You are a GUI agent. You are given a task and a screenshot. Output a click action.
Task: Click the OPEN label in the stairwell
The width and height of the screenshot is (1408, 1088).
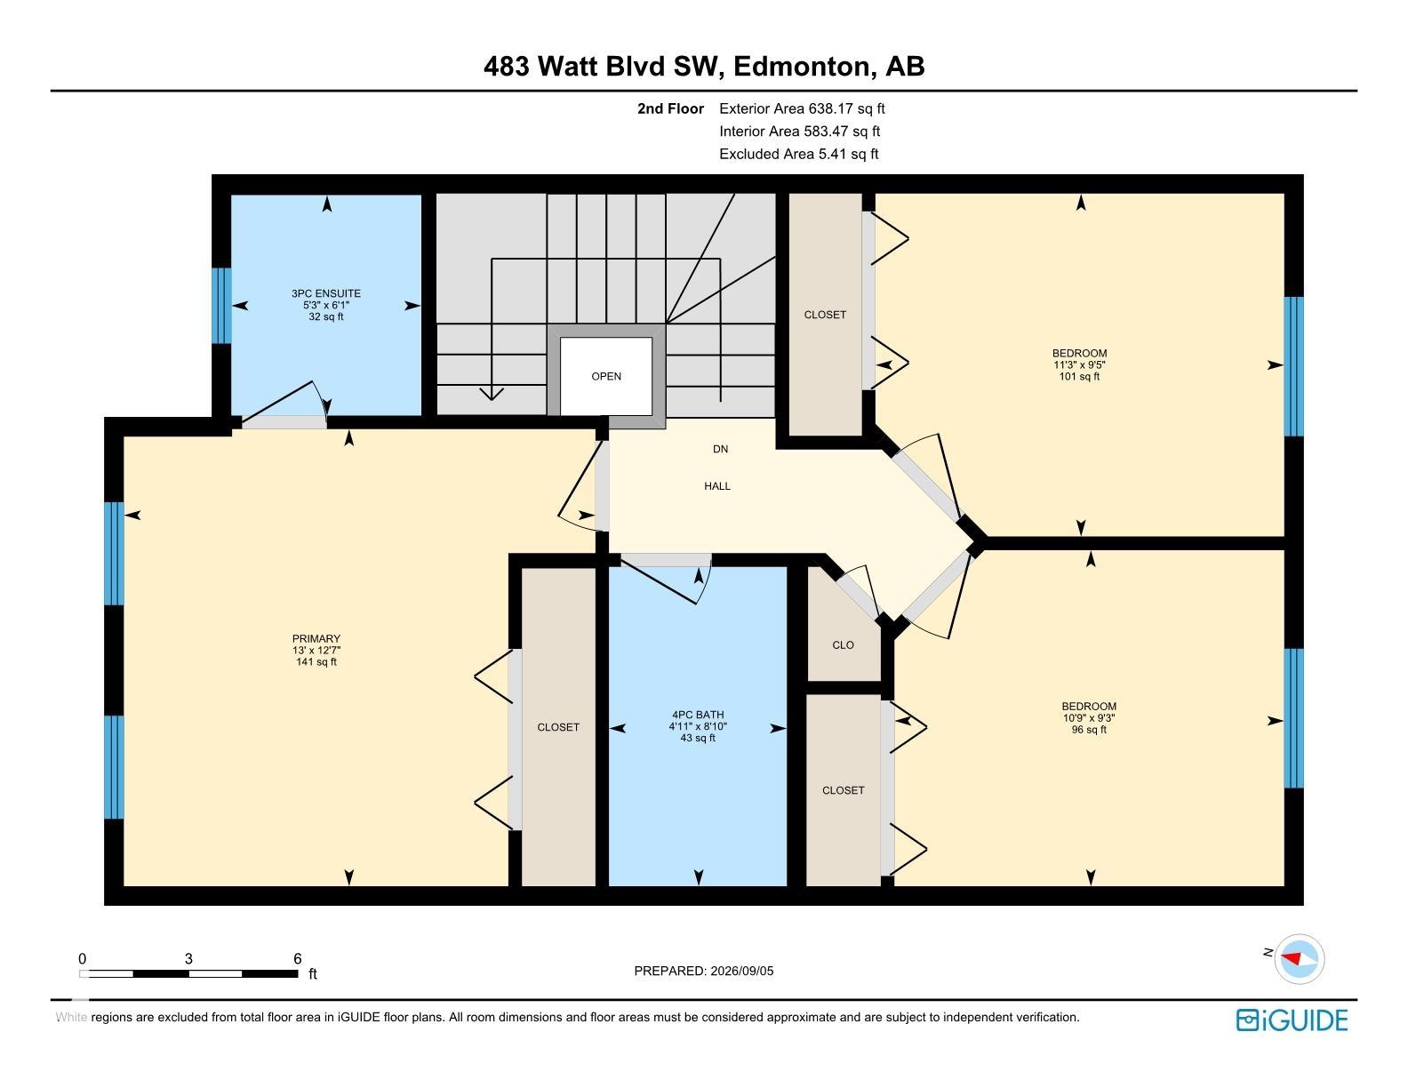(606, 377)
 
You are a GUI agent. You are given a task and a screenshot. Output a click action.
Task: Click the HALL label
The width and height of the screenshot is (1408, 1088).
(717, 486)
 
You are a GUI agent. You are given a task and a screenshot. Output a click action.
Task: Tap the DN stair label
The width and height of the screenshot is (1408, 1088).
(721, 449)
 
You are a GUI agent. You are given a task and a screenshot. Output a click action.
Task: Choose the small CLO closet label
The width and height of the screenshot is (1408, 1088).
(843, 645)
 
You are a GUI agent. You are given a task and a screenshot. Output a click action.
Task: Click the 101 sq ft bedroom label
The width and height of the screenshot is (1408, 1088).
(1079, 364)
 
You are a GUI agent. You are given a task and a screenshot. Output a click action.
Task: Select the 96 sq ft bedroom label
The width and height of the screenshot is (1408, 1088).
(1089, 718)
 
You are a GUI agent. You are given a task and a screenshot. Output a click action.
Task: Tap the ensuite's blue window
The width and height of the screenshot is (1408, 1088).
(221, 306)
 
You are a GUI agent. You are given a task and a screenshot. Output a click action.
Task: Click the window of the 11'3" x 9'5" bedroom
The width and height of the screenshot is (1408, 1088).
(1294, 367)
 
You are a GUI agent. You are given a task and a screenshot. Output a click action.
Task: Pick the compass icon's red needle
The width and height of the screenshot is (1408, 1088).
(1292, 958)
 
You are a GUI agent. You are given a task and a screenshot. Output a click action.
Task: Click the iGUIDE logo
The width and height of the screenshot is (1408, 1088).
(1292, 1020)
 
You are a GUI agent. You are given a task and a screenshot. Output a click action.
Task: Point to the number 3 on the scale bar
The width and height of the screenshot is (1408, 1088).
(188, 958)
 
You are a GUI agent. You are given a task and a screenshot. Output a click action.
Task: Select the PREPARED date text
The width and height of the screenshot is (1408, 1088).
(704, 971)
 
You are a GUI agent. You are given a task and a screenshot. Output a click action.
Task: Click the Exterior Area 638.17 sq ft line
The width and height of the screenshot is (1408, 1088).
(802, 108)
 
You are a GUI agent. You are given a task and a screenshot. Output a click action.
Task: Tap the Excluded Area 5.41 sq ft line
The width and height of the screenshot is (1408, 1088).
(799, 155)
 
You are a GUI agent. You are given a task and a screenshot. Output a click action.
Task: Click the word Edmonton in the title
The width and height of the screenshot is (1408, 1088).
(802, 67)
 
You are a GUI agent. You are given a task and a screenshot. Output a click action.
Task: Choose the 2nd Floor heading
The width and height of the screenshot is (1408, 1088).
(670, 108)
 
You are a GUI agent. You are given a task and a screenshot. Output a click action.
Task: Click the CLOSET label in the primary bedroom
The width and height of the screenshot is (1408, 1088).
(558, 728)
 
